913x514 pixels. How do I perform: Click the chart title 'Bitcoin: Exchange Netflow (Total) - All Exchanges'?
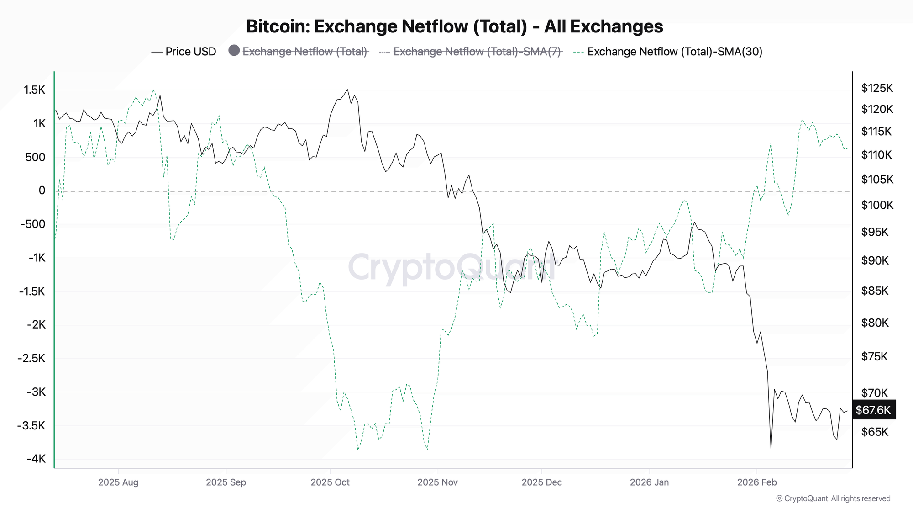[454, 26]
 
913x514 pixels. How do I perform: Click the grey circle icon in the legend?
[234, 51]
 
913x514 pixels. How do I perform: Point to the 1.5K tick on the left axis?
[35, 90]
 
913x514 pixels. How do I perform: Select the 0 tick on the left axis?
[42, 191]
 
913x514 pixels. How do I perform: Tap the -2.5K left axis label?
[31, 358]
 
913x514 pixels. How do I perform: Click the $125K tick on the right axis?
[876, 88]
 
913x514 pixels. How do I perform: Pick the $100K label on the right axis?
[877, 205]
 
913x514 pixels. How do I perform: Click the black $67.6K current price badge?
[873, 410]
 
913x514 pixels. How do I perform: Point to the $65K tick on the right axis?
[875, 432]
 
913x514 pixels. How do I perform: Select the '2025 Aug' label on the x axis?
[118, 482]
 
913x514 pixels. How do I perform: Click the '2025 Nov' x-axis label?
[437, 482]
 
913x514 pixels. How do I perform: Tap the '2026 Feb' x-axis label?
[756, 482]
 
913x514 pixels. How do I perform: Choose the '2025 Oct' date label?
[330, 482]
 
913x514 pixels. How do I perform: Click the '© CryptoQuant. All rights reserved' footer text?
[833, 498]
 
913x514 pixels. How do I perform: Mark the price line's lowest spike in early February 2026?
[771, 450]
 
